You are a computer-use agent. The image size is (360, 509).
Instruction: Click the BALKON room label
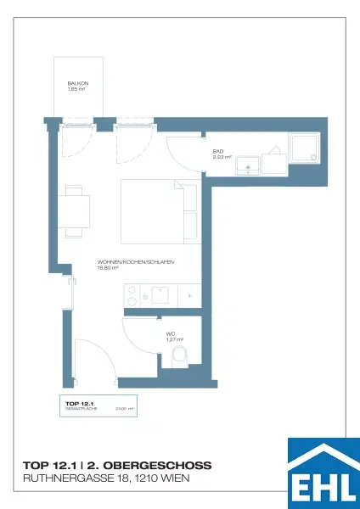(x=78, y=84)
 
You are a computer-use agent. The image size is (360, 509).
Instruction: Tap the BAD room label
(x=218, y=151)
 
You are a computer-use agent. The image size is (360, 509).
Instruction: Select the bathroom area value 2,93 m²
(x=222, y=157)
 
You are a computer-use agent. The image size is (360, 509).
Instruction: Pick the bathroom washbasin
(x=249, y=164)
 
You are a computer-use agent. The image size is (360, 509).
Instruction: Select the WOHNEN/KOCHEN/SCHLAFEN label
(x=136, y=263)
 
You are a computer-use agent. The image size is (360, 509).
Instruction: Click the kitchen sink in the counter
(x=160, y=296)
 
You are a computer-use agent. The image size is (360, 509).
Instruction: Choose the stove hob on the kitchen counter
(x=133, y=296)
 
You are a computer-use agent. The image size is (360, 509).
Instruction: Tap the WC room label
(x=171, y=333)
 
